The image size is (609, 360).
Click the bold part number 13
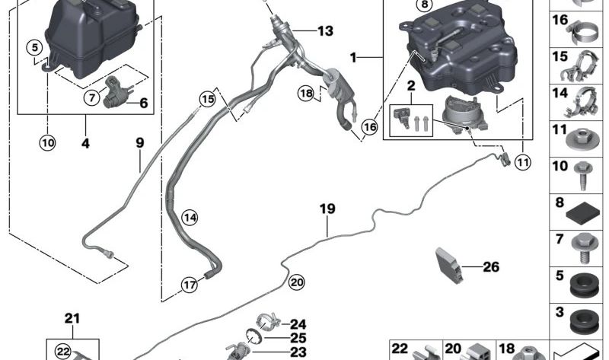coord(325,31)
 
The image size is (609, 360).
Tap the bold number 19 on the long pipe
coord(327,207)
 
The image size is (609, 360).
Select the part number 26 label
coord(491,266)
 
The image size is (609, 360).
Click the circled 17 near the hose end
coord(190,285)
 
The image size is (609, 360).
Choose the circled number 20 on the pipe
coord(296,282)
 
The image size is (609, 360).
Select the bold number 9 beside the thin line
coord(140,142)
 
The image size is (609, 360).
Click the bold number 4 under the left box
coord(85,142)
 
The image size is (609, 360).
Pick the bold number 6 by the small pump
coord(142,104)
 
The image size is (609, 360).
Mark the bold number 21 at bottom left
coord(72,318)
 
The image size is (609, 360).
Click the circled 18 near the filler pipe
coord(306,94)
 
